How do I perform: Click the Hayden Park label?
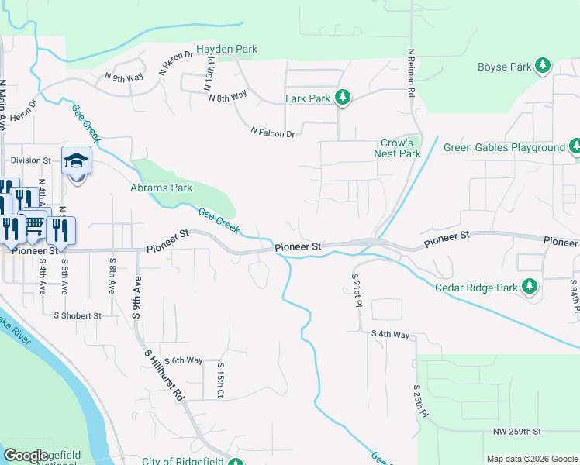[x=226, y=49]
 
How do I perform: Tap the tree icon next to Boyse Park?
[x=544, y=67]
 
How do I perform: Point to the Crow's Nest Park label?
[x=400, y=148]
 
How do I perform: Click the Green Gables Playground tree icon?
[x=575, y=147]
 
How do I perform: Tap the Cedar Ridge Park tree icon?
[x=530, y=288]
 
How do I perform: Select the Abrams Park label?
[x=161, y=188]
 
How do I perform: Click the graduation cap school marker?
[x=77, y=161]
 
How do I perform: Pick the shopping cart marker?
[x=34, y=223]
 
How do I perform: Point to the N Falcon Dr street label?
[x=272, y=133]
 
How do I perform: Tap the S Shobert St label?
[x=78, y=315]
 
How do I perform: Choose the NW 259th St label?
[x=516, y=431]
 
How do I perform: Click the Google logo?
[x=26, y=456]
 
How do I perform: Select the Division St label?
[x=30, y=160]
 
